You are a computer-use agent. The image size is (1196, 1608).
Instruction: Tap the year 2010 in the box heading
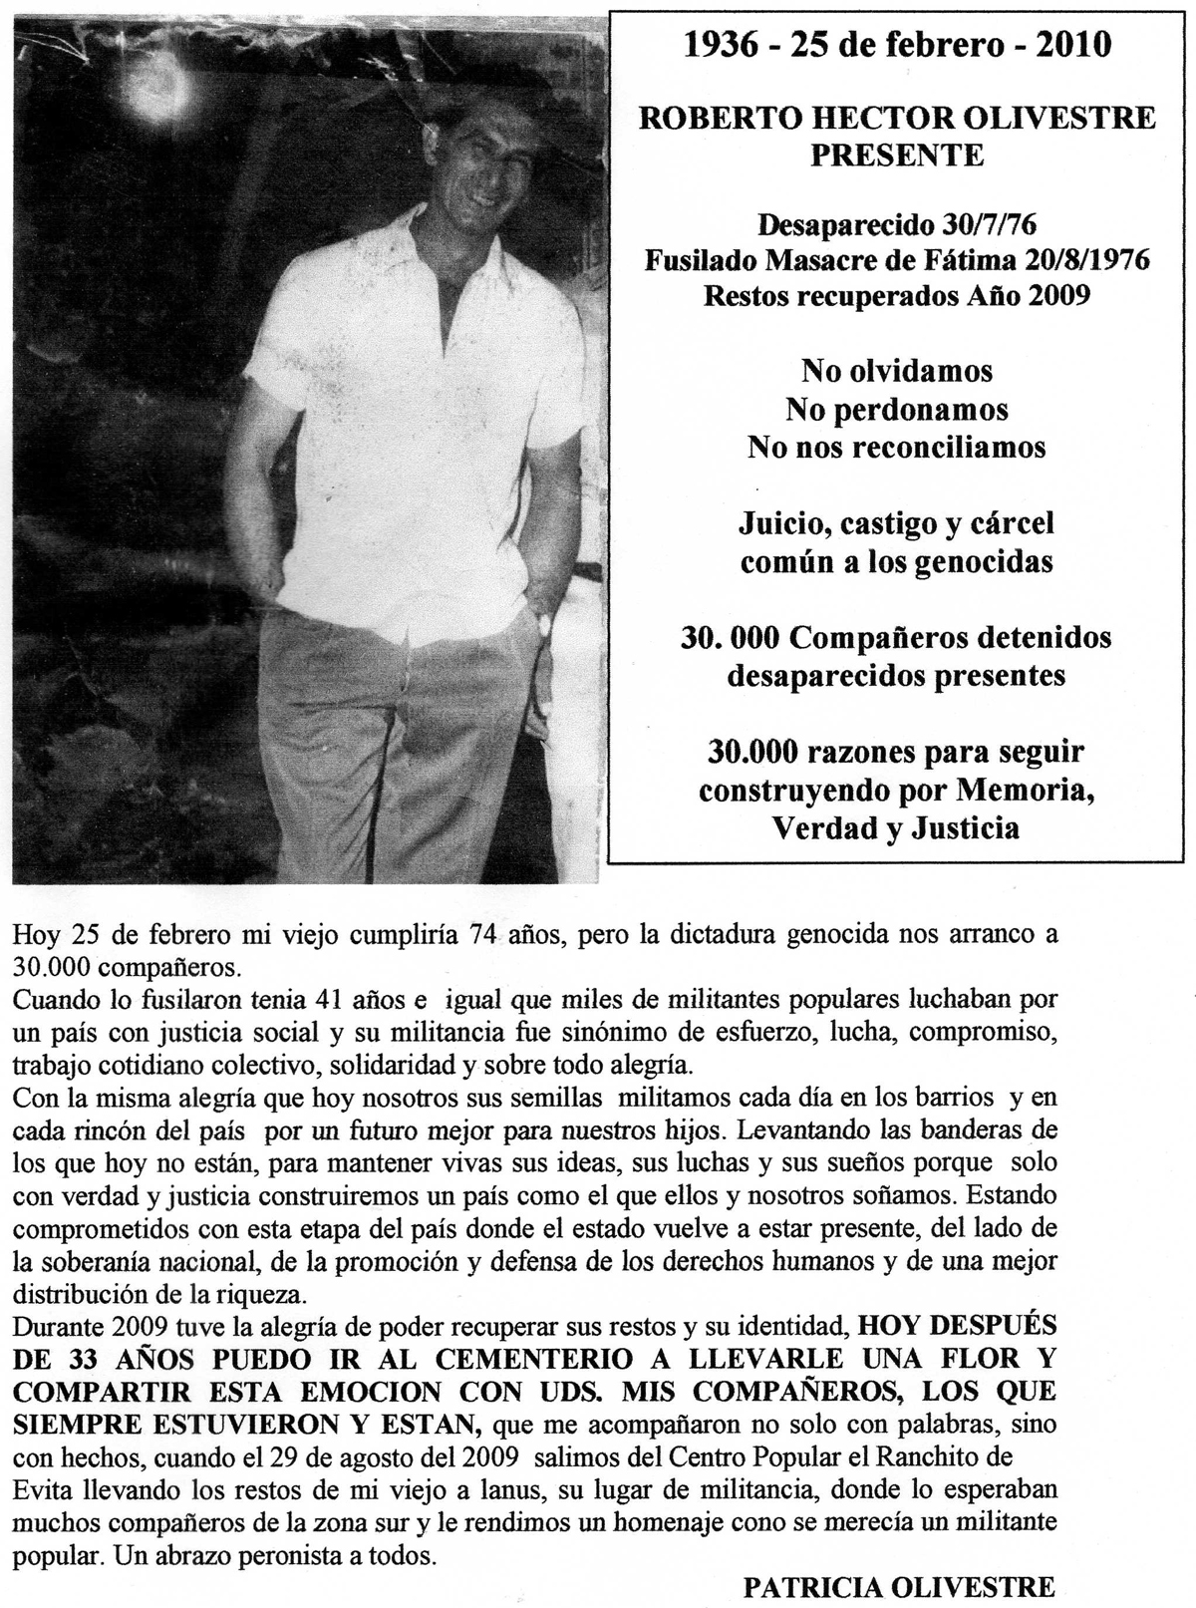(1070, 46)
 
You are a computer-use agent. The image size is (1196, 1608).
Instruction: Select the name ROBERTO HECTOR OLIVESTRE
(896, 118)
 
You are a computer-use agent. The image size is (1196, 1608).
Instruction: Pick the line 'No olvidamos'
(896, 371)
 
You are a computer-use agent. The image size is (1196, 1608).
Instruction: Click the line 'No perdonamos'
(896, 409)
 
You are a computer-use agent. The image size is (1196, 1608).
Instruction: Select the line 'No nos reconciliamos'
(896, 447)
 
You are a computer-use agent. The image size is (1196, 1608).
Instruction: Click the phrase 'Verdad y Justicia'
(896, 827)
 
